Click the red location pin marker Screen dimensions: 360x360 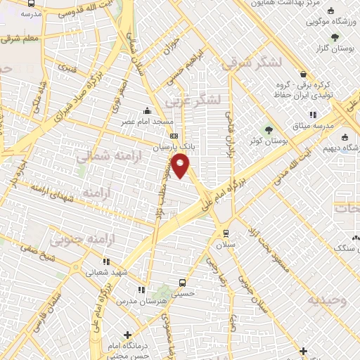181,166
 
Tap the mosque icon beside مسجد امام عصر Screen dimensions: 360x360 146,110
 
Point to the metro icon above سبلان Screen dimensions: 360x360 226,233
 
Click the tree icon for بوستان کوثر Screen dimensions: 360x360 267,129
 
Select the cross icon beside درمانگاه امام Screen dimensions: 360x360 127,335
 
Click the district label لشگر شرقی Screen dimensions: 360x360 251,63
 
